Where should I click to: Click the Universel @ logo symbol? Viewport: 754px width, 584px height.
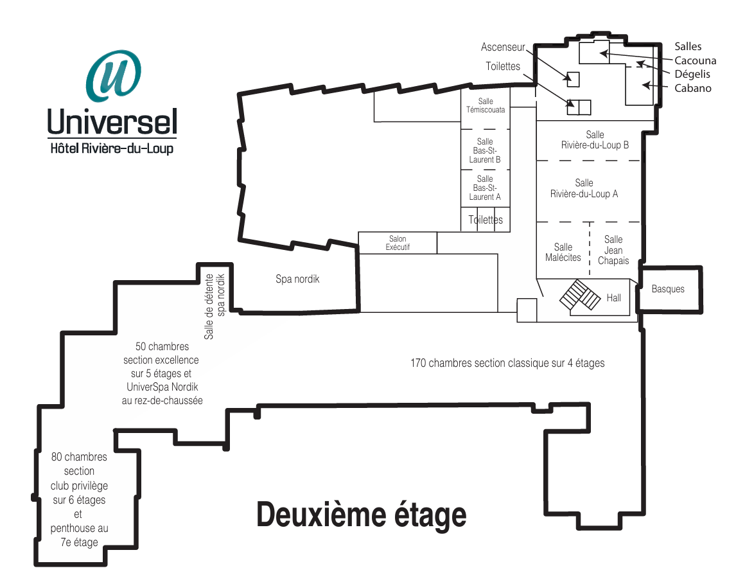114,76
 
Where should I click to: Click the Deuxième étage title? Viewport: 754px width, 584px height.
361,515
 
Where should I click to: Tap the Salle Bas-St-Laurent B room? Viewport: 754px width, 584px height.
485,150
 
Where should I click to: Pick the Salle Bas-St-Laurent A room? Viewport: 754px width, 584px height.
485,188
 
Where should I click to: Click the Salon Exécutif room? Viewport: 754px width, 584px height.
398,243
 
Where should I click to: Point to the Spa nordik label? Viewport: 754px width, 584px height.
297,279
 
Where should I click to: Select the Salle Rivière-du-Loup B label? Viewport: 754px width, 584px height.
595,140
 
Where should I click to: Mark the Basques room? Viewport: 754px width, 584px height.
669,289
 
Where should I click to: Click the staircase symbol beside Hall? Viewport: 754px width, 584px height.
580,295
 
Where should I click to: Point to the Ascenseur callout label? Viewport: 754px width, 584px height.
503,47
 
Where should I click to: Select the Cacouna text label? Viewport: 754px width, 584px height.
696,60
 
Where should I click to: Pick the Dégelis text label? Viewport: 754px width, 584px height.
692,74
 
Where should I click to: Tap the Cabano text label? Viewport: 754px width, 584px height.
693,88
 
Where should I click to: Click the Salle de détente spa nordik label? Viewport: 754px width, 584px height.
215,306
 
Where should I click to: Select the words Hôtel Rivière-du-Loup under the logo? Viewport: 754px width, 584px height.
112,148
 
